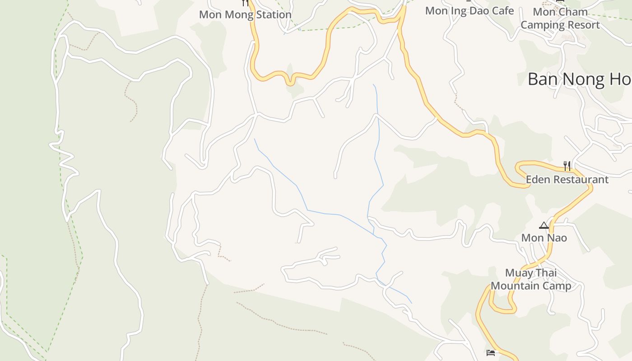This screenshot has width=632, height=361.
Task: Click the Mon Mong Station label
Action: [x=245, y=14]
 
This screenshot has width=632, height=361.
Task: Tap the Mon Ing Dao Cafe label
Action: [x=469, y=11]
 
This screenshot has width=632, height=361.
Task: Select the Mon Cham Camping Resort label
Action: [x=560, y=18]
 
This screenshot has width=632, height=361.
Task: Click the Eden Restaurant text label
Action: [x=567, y=180]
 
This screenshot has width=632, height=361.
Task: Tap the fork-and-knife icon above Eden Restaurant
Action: [x=567, y=166]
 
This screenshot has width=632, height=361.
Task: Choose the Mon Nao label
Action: [x=544, y=238]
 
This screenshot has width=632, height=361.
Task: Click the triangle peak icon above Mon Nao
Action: [x=544, y=225]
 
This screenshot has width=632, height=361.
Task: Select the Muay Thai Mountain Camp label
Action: [x=531, y=279]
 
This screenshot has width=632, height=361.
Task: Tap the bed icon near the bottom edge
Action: [x=491, y=352]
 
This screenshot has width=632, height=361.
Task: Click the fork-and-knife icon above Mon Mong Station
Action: [x=245, y=3]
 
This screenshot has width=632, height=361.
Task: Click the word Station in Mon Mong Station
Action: [x=274, y=14]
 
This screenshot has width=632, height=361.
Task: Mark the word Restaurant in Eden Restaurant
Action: [x=581, y=180]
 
